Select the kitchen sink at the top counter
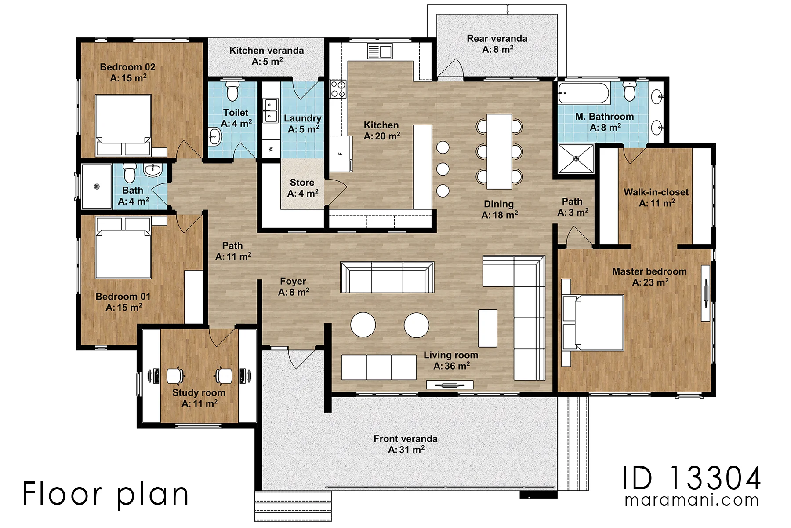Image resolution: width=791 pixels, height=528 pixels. point(380,51)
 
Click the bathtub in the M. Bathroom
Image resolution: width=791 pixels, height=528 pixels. point(584,93)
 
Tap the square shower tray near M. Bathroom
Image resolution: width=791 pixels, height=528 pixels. point(576,158)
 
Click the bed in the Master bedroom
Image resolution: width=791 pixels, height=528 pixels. point(593,323)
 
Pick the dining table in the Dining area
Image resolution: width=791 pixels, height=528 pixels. point(499,151)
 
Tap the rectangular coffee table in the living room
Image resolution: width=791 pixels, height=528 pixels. point(487,328)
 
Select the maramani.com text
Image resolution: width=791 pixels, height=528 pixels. point(692,500)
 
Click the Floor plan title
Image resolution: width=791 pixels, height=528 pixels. point(106,494)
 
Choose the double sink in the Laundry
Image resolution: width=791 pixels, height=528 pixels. point(270,110)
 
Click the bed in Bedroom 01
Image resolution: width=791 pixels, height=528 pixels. point(124,248)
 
